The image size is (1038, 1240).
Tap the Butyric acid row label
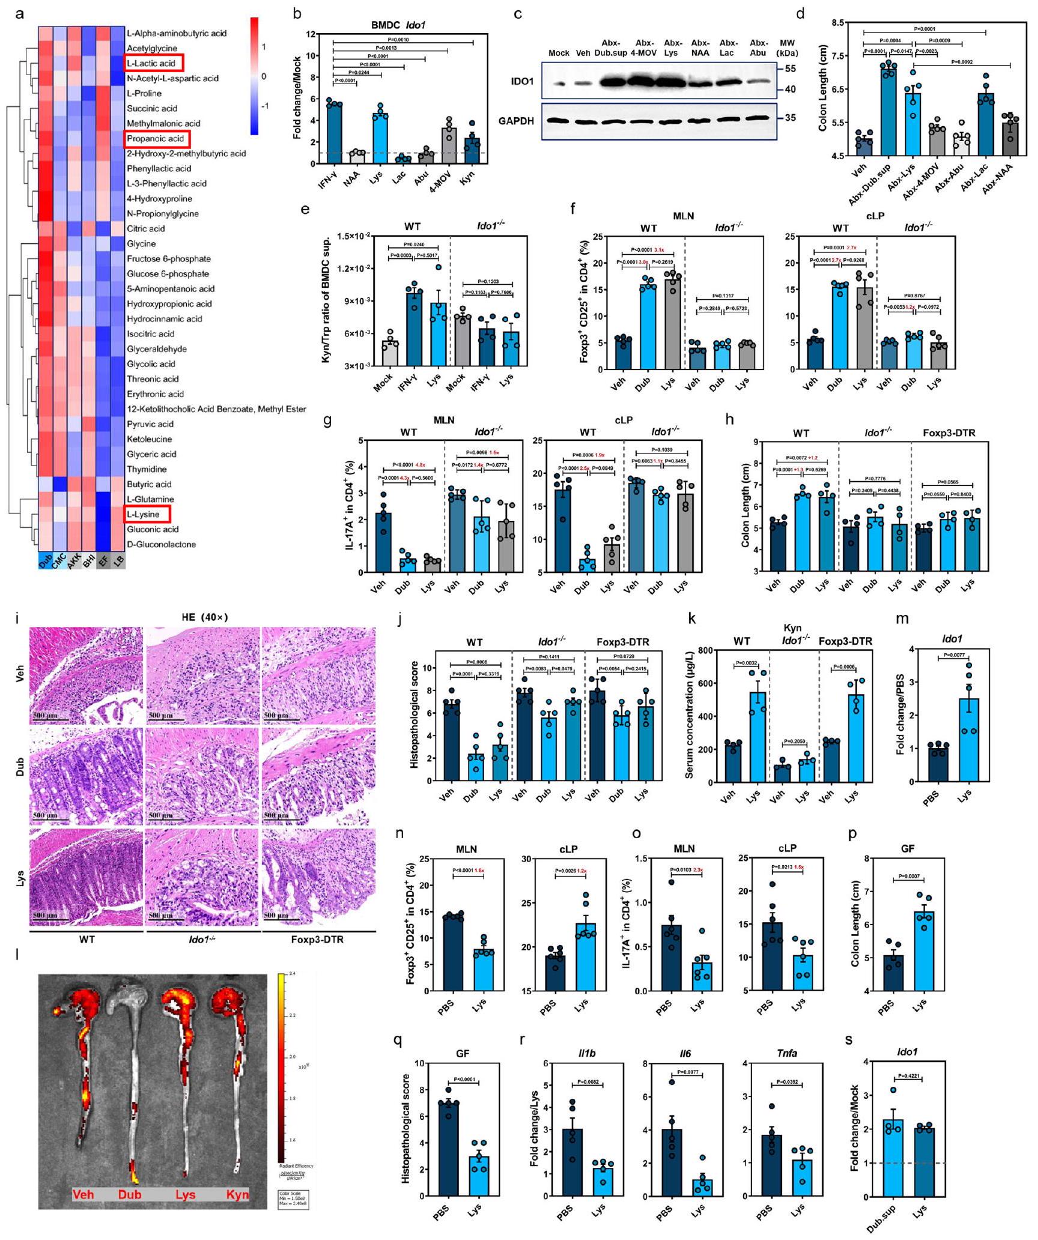[x=149, y=484]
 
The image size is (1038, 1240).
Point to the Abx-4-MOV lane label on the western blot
[x=644, y=47]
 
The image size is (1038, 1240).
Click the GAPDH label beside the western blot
[x=515, y=121]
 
